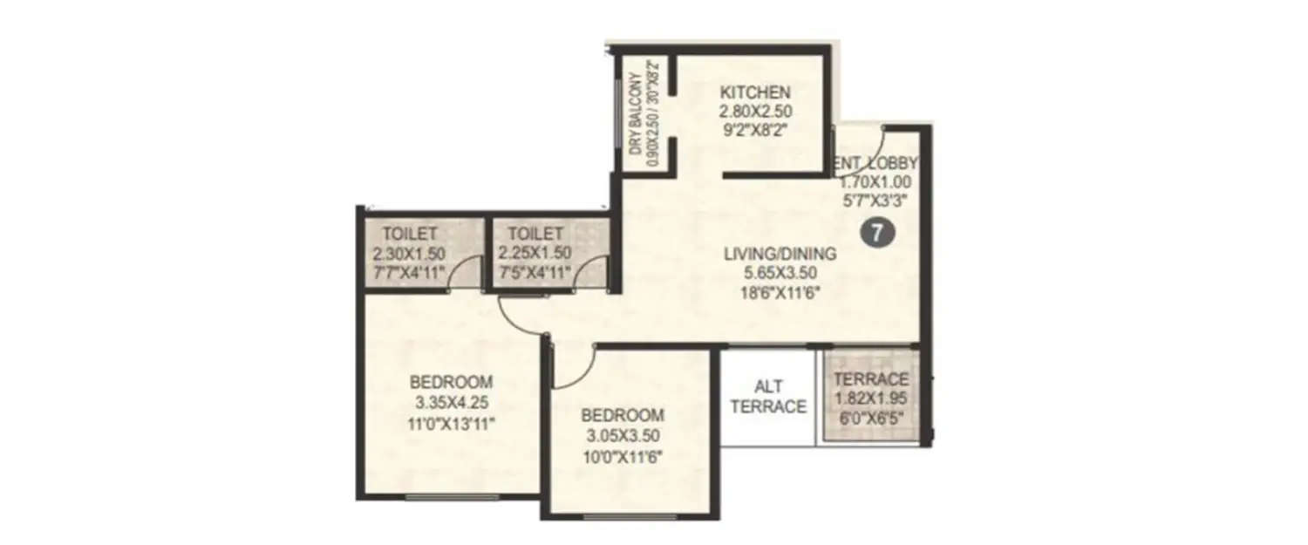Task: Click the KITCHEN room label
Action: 754,92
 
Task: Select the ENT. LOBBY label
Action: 875,163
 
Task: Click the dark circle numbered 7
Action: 875,234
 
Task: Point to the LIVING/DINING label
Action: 780,254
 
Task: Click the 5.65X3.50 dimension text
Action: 780,273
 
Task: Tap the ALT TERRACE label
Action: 768,396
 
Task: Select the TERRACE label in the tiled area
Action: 871,379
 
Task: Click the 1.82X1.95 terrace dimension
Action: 871,398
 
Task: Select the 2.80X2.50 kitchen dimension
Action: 754,112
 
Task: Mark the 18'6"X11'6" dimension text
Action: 780,293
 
